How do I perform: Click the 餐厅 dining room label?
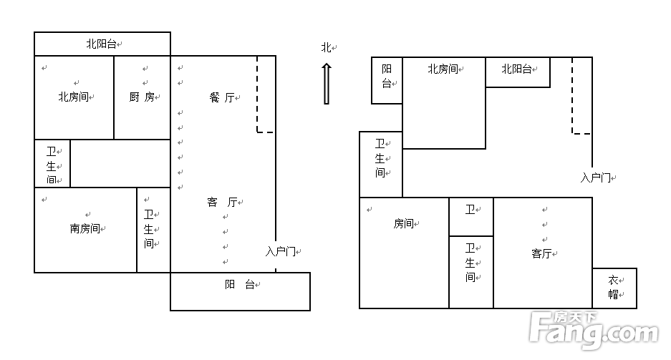(221, 97)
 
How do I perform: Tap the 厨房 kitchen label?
(141, 97)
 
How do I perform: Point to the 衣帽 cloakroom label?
(614, 288)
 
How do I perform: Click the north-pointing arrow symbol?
(327, 84)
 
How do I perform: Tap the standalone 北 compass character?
(327, 47)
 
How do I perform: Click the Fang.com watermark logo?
(593, 330)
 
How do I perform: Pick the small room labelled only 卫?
(470, 210)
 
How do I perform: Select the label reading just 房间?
(403, 223)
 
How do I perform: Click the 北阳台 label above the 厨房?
(101, 44)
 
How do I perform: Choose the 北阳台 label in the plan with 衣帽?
(516, 69)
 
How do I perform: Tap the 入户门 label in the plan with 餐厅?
(280, 251)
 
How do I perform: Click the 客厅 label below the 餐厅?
(221, 203)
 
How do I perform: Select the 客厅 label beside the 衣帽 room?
(541, 253)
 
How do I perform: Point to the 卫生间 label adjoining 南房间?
(149, 229)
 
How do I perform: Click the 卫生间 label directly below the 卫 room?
(470, 263)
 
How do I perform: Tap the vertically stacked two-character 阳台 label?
(386, 76)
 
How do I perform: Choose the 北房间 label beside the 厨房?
(73, 97)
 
